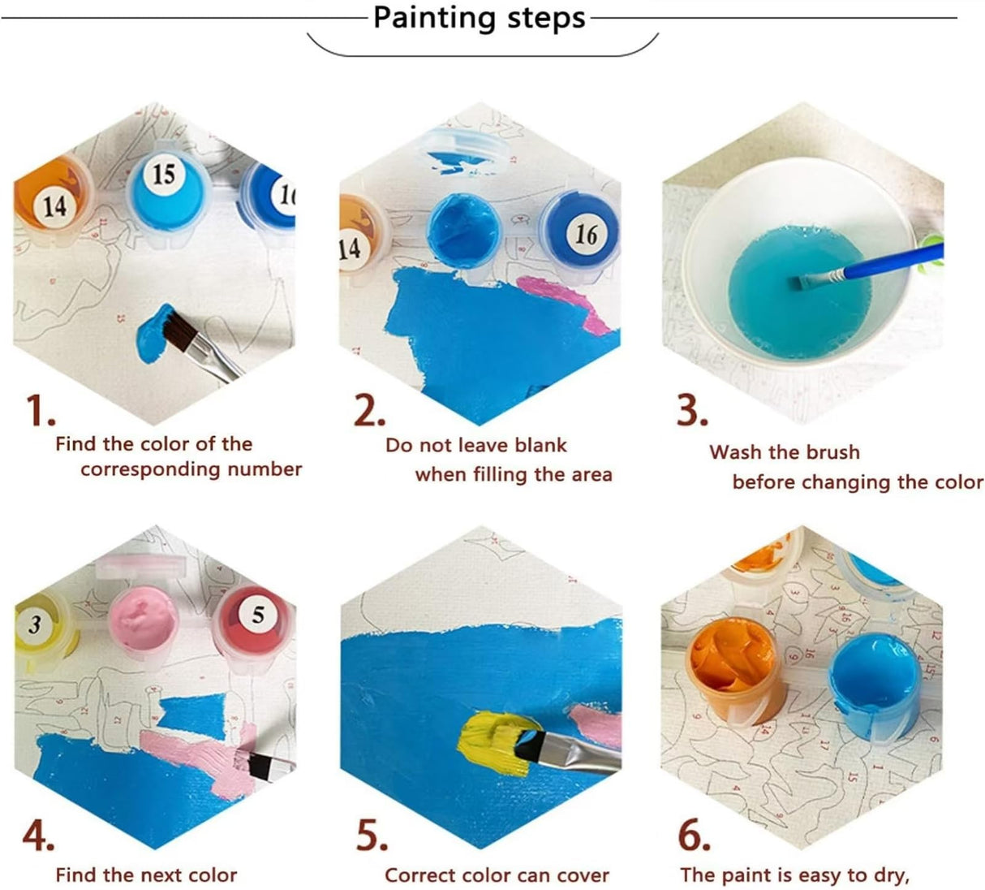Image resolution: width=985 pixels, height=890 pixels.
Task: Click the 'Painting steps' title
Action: point(479,18)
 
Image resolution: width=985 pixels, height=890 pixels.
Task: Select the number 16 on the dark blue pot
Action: point(585,235)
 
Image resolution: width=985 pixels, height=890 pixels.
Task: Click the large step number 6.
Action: point(695,836)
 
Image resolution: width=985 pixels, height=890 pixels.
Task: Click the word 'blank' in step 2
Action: point(540,445)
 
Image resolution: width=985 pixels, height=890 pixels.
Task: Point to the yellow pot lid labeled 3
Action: point(37,625)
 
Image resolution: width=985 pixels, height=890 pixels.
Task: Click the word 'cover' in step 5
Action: point(581,875)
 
